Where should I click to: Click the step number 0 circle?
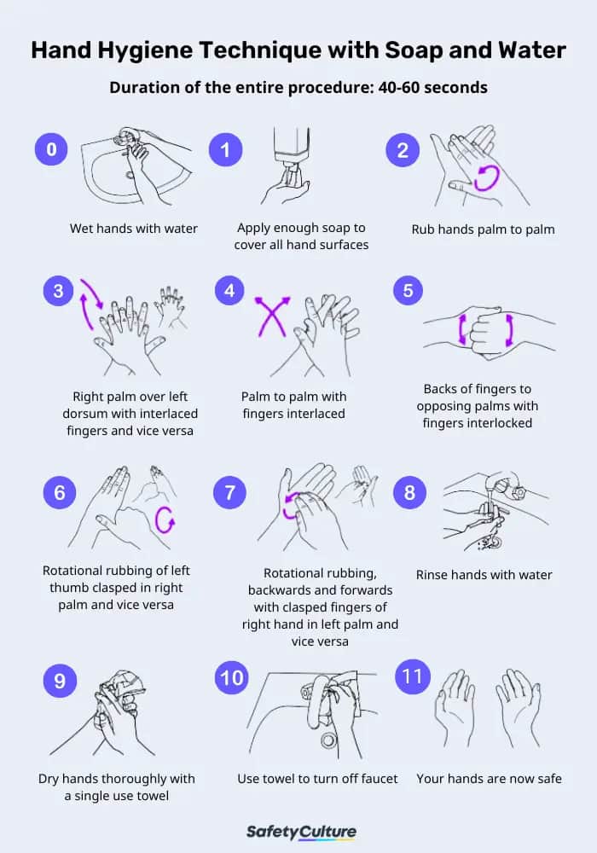coord(51,149)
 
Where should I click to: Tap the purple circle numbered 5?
coord(409,290)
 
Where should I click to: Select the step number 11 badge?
coord(412,676)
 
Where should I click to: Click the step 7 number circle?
coord(229,493)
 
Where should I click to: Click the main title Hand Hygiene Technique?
coord(298,50)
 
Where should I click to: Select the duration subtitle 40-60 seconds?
coord(298,87)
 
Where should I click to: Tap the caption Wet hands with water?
coord(134,229)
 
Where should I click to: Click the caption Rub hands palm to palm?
coord(483,229)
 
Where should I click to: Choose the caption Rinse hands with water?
coord(484,575)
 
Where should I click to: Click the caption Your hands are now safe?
coord(489,779)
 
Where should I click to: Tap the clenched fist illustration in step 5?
coord(485,330)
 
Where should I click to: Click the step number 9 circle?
coord(59,680)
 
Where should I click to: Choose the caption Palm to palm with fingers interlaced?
coord(294,405)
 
